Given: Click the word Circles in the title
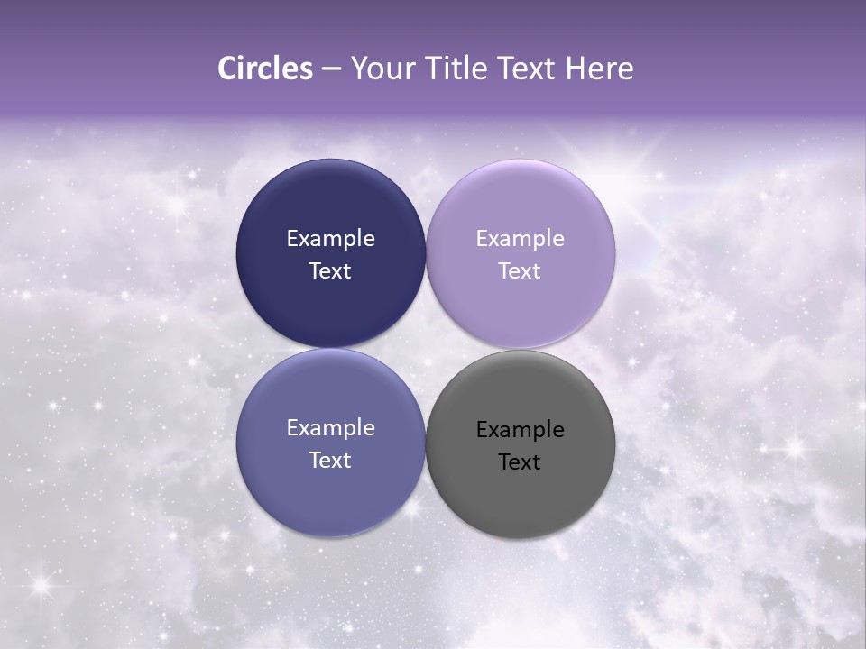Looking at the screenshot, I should tap(264, 69).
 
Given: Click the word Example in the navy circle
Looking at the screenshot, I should tap(330, 239).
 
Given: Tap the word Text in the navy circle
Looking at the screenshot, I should tap(330, 271).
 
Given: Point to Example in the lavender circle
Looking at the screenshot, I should tap(521, 239).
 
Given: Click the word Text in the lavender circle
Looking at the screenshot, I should tap(521, 271).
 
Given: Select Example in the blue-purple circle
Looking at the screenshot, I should tap(330, 428).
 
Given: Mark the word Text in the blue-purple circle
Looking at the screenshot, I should tap(330, 461).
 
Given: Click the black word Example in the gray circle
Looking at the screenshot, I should tap(521, 430).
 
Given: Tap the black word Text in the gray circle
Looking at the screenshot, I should tap(521, 462).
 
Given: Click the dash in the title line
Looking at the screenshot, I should tap(331, 69).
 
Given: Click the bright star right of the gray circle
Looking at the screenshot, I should tap(794, 445).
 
